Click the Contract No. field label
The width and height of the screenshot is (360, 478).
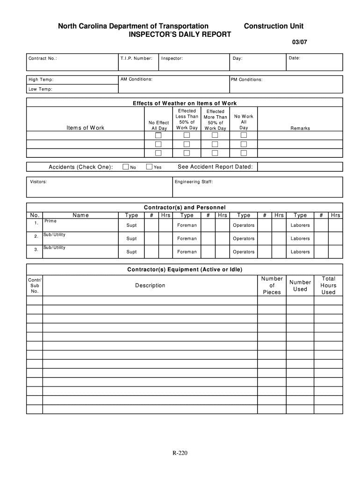[x=43, y=59]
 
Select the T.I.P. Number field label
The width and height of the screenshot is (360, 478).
[x=136, y=58]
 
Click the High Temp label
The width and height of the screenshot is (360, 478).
[x=41, y=80]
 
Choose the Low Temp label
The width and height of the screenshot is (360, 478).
[x=40, y=89]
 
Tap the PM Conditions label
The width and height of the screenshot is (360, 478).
[x=246, y=79]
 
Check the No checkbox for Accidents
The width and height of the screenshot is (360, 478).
[x=125, y=167]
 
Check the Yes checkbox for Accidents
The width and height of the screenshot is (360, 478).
[x=149, y=167]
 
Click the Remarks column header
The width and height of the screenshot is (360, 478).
[x=300, y=128]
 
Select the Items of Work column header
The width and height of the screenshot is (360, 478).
[x=86, y=128]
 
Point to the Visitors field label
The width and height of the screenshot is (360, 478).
[x=38, y=182]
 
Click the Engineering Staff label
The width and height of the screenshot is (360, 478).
[x=194, y=182]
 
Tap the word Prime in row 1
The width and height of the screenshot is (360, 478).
[x=50, y=221]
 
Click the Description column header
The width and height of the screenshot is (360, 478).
[x=150, y=285]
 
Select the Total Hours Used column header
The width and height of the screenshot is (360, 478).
[x=328, y=285]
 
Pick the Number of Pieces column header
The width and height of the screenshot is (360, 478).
[x=272, y=285]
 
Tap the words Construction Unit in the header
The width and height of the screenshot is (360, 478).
[x=274, y=27]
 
